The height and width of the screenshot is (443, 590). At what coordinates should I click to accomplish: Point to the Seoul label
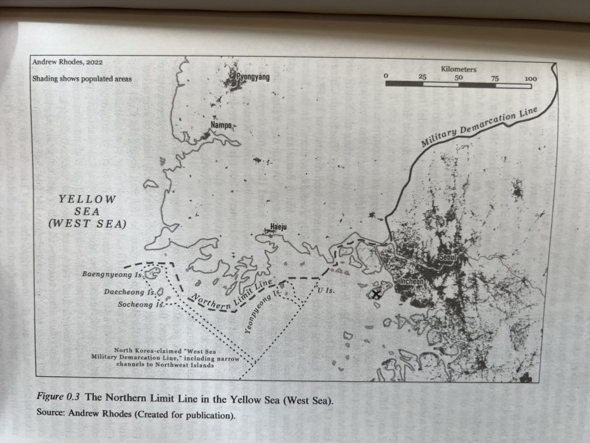coord(447,257)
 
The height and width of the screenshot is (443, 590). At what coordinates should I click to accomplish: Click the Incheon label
coord(412,281)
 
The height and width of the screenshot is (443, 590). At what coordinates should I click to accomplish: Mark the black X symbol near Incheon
coord(376,294)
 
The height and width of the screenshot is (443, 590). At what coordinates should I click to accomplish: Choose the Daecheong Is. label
coord(128,292)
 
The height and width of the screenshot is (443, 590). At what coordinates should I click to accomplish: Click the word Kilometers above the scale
coord(459,69)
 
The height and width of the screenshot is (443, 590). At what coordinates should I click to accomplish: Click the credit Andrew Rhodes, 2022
coord(67,62)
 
